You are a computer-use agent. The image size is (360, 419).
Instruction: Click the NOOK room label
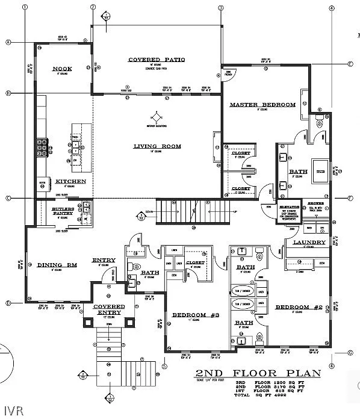pos(62,69)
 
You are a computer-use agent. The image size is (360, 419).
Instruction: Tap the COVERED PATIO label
pos(156,60)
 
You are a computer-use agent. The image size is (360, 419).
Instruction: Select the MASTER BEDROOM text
pos(262,105)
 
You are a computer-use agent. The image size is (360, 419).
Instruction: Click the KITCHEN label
pos(70,181)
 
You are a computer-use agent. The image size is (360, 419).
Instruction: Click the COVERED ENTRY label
pos(109,309)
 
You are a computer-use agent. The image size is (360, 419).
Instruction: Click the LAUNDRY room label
pos(309,243)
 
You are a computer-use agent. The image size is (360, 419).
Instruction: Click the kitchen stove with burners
pos(43,146)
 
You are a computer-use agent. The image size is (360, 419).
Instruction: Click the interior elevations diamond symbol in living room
pos(157,116)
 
